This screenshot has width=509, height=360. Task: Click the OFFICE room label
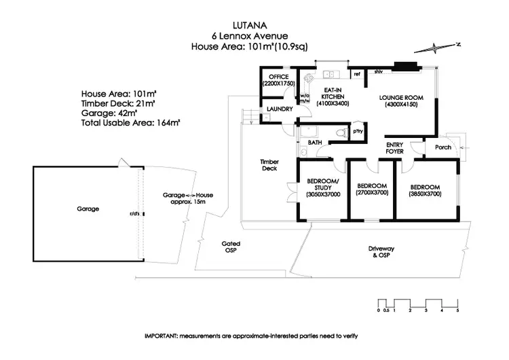tap(278, 77)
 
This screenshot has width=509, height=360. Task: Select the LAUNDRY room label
tap(280, 109)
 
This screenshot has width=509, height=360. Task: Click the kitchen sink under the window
tap(329, 73)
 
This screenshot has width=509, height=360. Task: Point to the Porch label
tap(442, 147)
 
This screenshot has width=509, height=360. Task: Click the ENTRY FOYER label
tap(394, 147)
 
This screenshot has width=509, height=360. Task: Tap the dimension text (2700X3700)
tap(371, 193)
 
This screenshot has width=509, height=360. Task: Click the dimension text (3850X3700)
tap(426, 194)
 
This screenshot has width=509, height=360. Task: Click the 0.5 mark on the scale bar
tap(386, 310)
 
